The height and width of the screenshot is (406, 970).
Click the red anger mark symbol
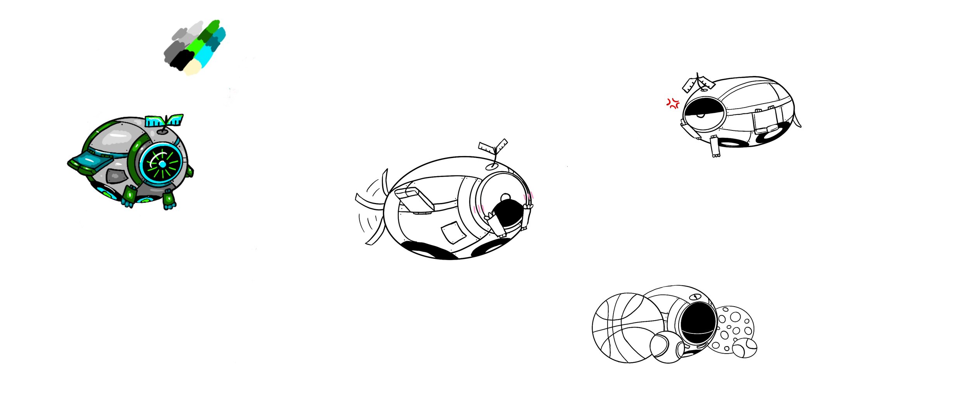click(x=673, y=103)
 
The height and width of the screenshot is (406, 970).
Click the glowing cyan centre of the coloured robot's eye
click(x=162, y=165)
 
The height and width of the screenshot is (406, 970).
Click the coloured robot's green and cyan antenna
click(x=165, y=122)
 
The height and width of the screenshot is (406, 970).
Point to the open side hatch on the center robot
click(x=414, y=200)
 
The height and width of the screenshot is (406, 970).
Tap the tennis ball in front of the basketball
click(x=666, y=348)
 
